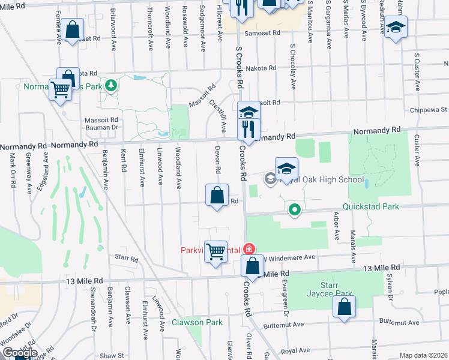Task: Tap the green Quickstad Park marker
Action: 294,210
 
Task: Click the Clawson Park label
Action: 197,322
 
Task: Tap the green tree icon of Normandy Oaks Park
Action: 110,86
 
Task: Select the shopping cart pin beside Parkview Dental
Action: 216,251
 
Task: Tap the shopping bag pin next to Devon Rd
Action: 217,195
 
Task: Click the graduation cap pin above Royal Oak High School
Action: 287,168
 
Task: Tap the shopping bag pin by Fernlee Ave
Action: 72,29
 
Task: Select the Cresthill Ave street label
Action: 217,115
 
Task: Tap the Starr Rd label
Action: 126,259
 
